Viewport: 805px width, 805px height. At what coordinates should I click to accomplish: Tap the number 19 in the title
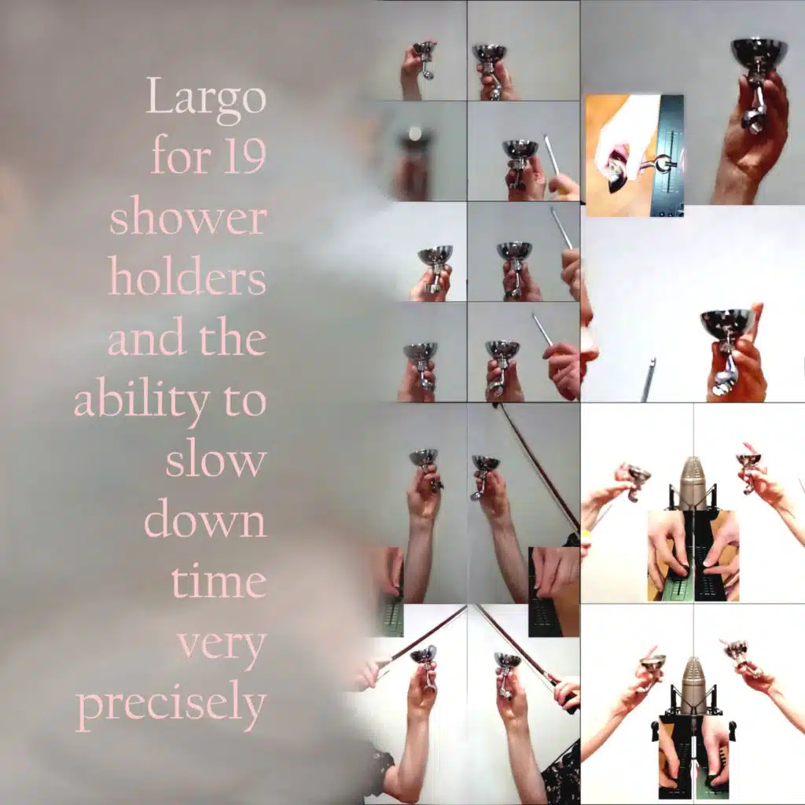pos(244,156)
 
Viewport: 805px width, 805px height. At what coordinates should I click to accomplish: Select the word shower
pos(188,217)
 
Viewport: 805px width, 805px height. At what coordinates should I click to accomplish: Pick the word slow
pos(215,458)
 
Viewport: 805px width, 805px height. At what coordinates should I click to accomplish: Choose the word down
pos(205,519)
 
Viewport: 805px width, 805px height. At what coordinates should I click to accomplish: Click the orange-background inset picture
pos(634,156)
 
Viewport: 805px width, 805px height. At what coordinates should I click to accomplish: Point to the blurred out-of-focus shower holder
pos(414,155)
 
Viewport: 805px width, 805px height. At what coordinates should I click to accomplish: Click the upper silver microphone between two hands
pos(690,486)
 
